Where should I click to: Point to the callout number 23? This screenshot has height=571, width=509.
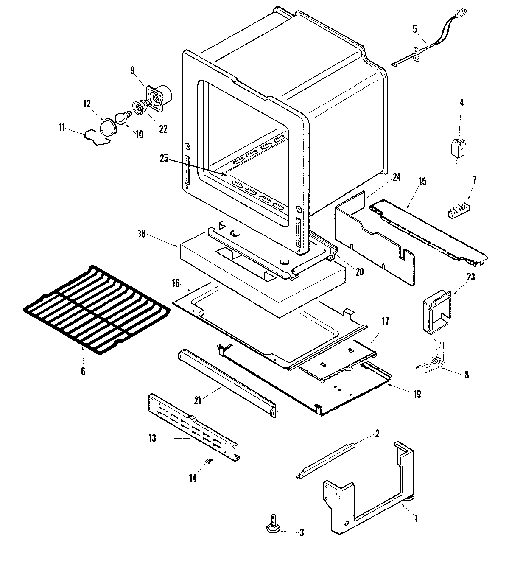tap(470, 278)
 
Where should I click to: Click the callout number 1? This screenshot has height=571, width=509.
tap(416, 518)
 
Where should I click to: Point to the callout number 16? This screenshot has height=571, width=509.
tap(176, 283)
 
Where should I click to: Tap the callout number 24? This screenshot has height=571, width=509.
tap(397, 178)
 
